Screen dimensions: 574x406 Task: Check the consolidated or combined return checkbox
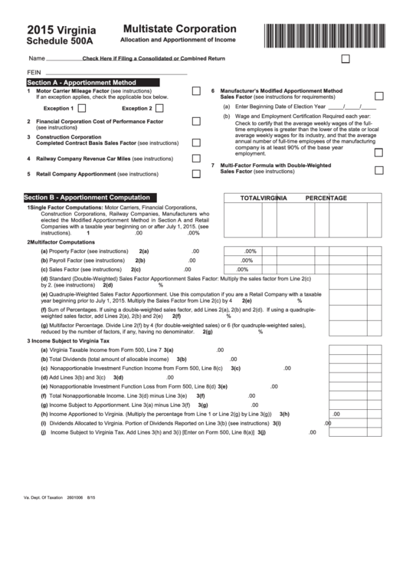345,58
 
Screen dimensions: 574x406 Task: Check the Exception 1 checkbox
96,108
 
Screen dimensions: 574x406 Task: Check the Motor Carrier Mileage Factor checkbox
196,91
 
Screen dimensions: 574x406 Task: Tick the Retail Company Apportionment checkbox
196,174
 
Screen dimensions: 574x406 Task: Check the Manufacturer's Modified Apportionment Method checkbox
379,96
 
